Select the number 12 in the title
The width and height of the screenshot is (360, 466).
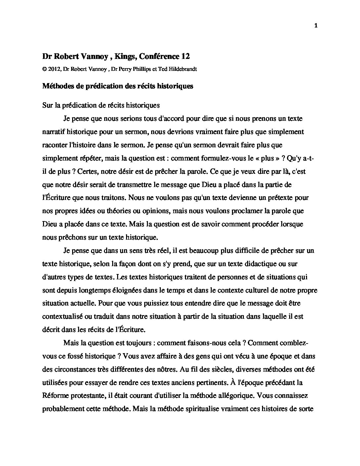coord(185,57)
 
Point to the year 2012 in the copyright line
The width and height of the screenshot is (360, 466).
coord(55,69)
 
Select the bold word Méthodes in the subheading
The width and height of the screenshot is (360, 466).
coord(58,86)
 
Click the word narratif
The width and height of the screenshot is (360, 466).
coord(53,132)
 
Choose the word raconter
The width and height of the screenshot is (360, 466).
coord(54,145)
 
